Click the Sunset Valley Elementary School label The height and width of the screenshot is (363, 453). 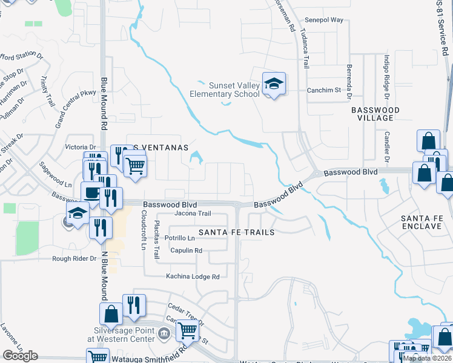[225, 90]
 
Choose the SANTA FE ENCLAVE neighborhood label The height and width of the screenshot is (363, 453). [423, 221]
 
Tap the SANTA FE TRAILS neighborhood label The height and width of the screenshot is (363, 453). [237, 232]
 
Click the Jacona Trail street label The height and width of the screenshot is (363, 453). [193, 214]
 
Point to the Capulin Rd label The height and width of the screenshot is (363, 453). [186, 250]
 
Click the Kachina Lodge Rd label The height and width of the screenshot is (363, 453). [193, 276]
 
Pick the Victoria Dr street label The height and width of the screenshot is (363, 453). [81, 147]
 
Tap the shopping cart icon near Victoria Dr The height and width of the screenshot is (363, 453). [135, 164]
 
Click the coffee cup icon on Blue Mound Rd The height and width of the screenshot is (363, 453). [91, 192]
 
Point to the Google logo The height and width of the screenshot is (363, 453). [20, 356]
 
